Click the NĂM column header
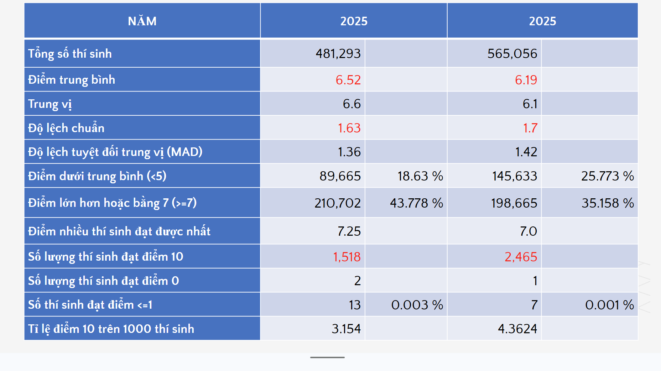pos(142,21)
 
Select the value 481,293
pos(338,54)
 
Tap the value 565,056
pos(512,54)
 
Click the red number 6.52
pos(348,80)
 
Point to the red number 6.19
pos(526,80)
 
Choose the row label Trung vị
pos(50,104)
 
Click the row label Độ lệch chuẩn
pos(66,128)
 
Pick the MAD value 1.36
pos(349,152)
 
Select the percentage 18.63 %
pos(420,176)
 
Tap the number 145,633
pos(515,176)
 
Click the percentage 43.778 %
pos(417,203)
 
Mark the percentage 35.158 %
pos(608,203)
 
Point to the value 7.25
pos(349,231)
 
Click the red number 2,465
pos(521,257)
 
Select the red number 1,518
pos(347,257)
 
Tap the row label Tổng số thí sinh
pos(70,54)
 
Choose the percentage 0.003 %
pos(417,305)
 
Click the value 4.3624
pos(517,329)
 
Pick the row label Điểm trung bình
pos(72,80)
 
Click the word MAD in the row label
pos(184,152)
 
